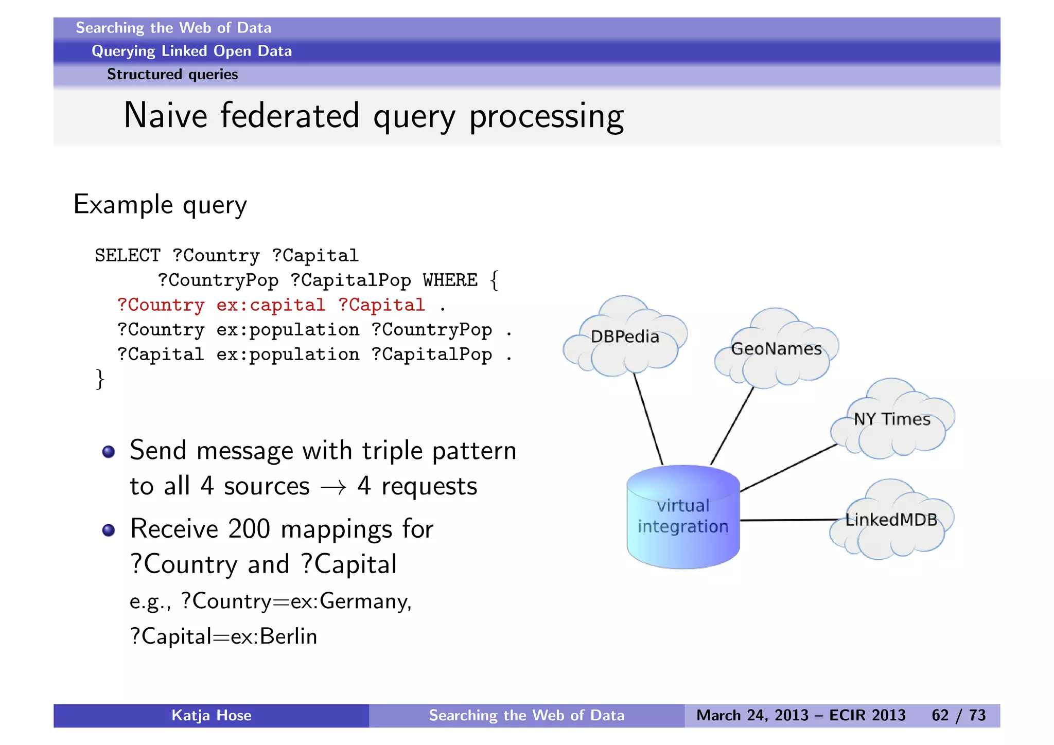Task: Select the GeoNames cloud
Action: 776,349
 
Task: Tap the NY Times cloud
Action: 892,419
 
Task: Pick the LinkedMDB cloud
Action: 891,520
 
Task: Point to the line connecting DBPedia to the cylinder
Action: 648,419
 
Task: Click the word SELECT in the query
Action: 127,256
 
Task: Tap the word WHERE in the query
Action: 450,280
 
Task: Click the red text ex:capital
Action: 271,305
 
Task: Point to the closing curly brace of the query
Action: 100,379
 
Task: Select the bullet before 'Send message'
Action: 109,452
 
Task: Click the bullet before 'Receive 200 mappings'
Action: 109,530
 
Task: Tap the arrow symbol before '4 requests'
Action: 333,487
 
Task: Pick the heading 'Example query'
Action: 160,205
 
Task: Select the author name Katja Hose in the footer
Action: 211,715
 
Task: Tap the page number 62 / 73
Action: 958,715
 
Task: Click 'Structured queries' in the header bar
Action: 172,75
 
